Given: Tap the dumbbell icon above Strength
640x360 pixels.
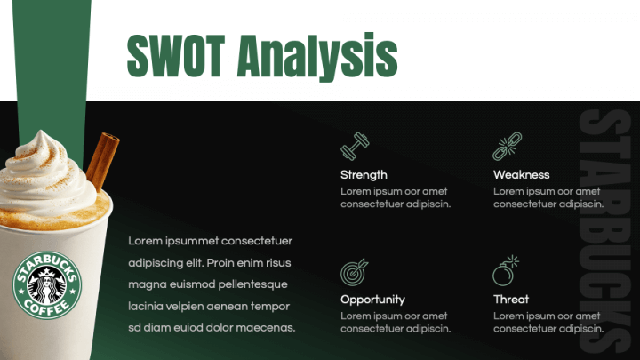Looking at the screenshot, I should (355, 146).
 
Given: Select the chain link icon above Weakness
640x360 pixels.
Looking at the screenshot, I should (507, 146).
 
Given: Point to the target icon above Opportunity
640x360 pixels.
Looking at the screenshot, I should (354, 271).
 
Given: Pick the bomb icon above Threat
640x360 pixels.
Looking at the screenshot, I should (506, 270).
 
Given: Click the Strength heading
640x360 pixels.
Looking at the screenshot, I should (364, 175).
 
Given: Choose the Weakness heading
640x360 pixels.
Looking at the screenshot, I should (522, 175).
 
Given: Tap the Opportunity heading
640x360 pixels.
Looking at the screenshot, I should (372, 300).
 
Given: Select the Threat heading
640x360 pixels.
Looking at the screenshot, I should (511, 300).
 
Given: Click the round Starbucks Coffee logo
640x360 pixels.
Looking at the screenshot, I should (46, 286).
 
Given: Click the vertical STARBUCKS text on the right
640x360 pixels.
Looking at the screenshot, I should (601, 231).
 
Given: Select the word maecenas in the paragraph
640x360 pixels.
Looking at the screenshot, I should (265, 327).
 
